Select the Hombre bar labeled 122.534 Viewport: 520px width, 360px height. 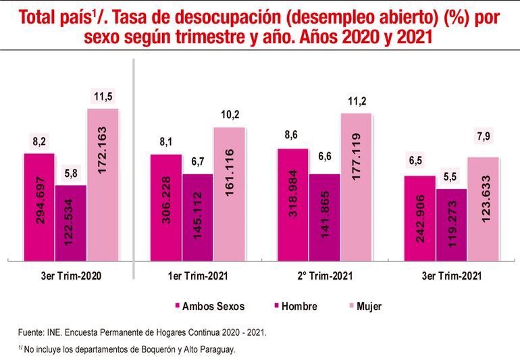point(71,222)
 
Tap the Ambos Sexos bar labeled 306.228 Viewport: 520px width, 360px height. point(165,207)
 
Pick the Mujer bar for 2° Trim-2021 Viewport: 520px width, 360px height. point(356,186)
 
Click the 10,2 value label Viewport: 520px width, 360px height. point(230,115)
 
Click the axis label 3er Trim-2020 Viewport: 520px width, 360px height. point(70,277)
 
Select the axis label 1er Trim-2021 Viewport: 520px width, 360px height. point(197,277)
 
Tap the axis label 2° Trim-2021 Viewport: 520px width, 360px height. point(324,277)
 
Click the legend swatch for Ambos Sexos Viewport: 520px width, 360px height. point(177,307)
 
